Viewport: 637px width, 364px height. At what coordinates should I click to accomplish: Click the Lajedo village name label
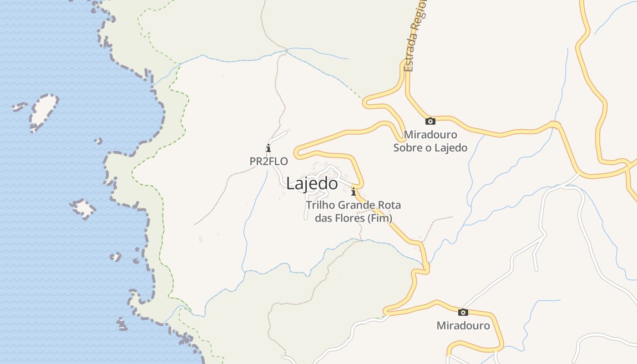pyautogui.click(x=312, y=183)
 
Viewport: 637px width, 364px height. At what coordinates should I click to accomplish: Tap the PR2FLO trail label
pyautogui.click(x=268, y=161)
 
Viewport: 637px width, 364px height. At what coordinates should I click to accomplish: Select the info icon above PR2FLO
pyautogui.click(x=268, y=148)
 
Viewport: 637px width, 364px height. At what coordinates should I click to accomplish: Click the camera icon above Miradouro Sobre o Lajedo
pyautogui.click(x=430, y=121)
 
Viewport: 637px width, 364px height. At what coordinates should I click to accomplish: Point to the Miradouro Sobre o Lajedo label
pyautogui.click(x=430, y=141)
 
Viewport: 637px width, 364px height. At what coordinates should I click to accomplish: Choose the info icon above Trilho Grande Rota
pyautogui.click(x=353, y=192)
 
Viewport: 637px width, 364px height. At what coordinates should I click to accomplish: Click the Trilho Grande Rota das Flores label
pyautogui.click(x=354, y=212)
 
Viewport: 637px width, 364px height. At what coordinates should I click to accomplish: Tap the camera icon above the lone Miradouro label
pyautogui.click(x=463, y=312)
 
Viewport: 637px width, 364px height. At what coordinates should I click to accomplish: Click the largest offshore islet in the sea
pyautogui.click(x=44, y=112)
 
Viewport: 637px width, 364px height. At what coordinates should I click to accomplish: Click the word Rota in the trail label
pyautogui.click(x=388, y=205)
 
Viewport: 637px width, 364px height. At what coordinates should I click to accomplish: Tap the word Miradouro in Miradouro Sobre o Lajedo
pyautogui.click(x=430, y=135)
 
